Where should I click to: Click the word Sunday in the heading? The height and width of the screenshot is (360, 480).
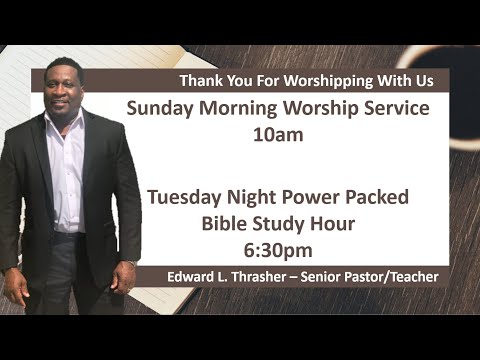(162, 108)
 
